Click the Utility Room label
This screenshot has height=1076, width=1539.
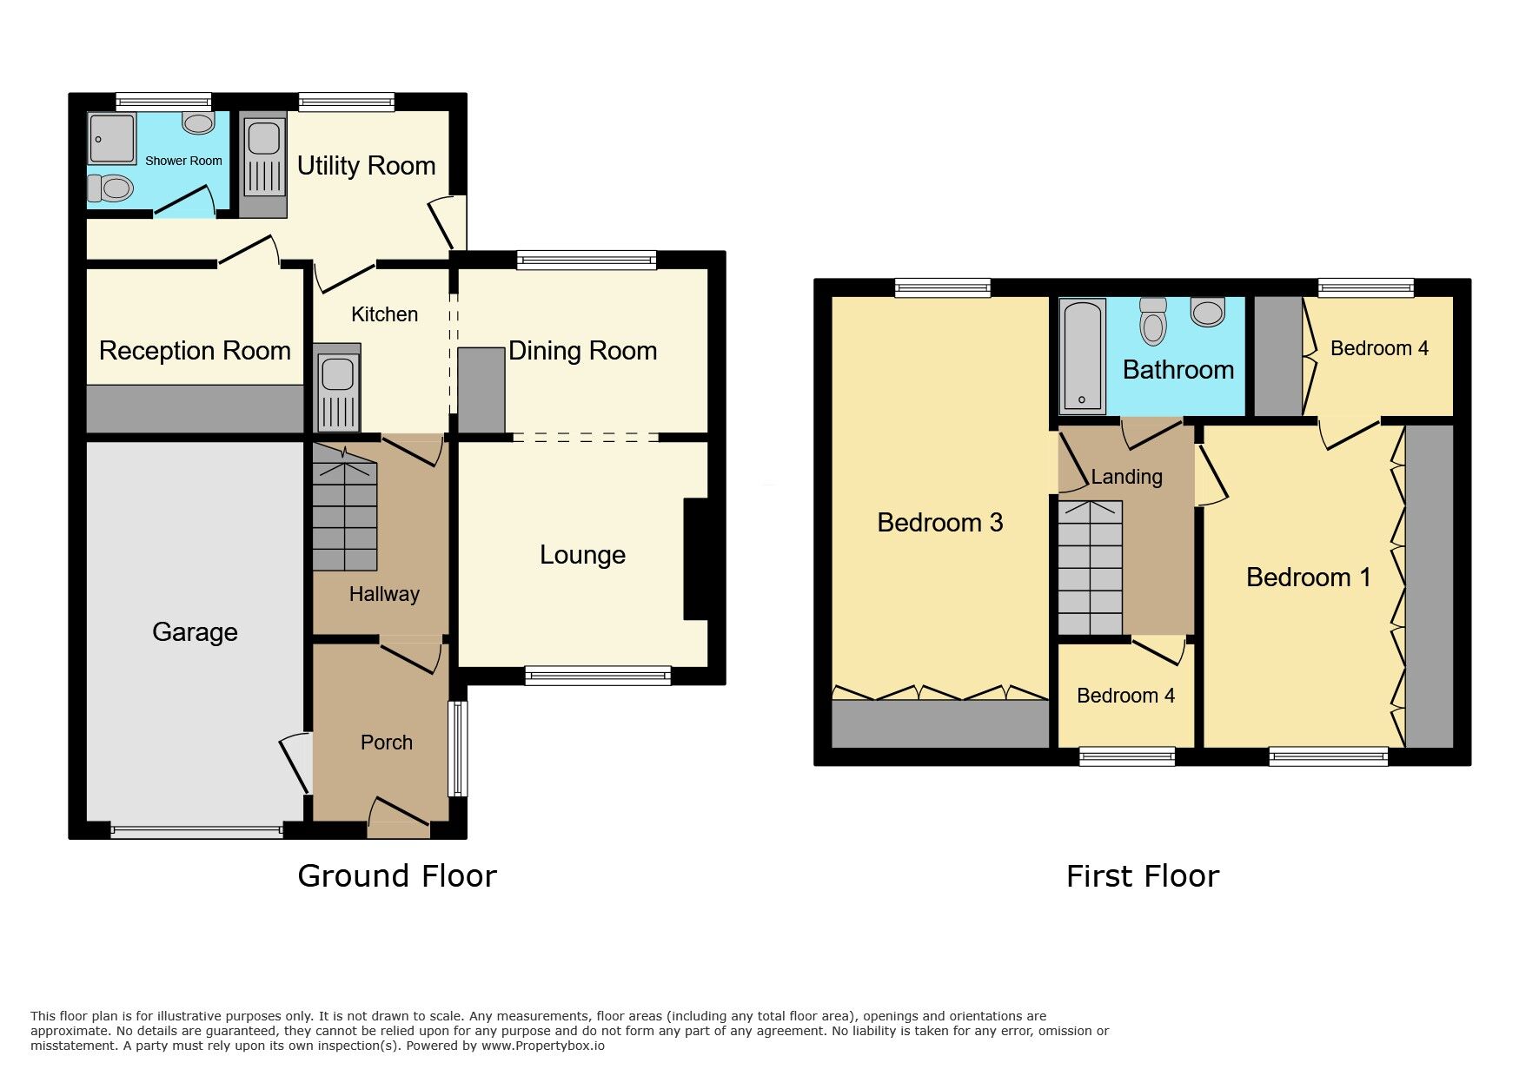click(366, 166)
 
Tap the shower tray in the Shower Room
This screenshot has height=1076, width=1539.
click(112, 138)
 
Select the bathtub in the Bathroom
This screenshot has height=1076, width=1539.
click(1082, 355)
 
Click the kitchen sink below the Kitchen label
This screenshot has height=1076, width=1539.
click(338, 388)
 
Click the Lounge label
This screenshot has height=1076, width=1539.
click(582, 555)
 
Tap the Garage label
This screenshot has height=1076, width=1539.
click(195, 632)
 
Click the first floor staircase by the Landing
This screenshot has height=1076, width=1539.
click(1090, 568)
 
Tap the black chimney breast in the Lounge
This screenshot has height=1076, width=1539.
click(697, 558)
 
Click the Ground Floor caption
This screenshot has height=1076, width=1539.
click(397, 876)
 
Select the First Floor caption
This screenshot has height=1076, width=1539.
click(1142, 876)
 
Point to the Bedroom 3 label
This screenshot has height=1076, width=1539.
click(939, 523)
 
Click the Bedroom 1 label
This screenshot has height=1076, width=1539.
click(1308, 578)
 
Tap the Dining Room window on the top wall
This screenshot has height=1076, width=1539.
click(587, 260)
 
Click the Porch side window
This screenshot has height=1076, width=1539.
click(457, 749)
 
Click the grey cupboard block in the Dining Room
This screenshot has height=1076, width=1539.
click(481, 390)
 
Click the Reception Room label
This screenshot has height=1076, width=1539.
click(195, 351)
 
